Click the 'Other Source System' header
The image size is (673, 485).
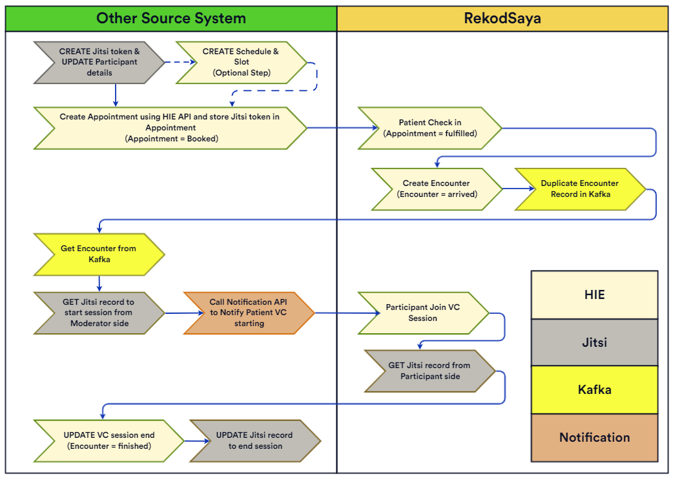point(171,18)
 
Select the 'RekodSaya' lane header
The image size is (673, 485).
point(502,18)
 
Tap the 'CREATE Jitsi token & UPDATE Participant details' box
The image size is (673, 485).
point(99,63)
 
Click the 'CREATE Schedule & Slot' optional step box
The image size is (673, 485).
point(241,63)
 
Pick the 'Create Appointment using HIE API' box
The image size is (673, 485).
point(170,128)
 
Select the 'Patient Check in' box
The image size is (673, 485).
point(430,128)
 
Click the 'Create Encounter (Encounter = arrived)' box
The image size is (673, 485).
point(437,189)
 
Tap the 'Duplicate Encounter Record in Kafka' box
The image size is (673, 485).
point(579,189)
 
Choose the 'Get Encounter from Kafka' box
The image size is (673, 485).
point(99,254)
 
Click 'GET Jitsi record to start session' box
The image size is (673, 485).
point(99,313)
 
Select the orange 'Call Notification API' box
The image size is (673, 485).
point(249,313)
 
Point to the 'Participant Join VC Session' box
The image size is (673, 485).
point(423,313)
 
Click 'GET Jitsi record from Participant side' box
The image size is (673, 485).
point(430,371)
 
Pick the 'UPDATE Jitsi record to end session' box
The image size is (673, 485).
point(254,440)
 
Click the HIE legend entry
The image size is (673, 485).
point(594,294)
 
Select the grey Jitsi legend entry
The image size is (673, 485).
point(594,342)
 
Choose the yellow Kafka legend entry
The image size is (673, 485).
point(594,389)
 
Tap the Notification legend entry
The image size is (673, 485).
point(594,437)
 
